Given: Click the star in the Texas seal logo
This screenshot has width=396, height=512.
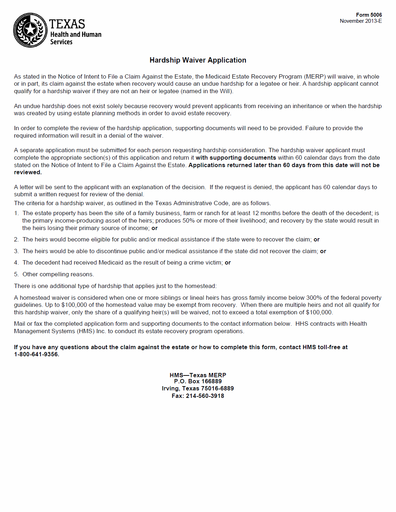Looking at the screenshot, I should pos(30,30).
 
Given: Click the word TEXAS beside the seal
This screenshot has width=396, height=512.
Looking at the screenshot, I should pos(67,24).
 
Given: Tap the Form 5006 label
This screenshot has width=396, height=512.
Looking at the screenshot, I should pos(369,15).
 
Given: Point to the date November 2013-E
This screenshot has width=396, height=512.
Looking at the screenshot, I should pos(360,21).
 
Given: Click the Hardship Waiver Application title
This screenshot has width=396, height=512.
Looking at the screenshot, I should pos(198,60).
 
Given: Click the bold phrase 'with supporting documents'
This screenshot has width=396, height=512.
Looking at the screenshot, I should pos(236,158).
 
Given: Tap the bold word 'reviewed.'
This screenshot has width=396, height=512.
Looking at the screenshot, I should pos(28,172).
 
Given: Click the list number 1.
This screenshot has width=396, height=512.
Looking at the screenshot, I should pos(16,213).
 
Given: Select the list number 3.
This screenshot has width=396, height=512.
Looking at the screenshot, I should pos(16,251).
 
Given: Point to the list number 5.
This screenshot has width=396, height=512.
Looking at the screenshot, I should pos(16,274).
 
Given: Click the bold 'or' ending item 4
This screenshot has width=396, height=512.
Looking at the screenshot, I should pos(228,262).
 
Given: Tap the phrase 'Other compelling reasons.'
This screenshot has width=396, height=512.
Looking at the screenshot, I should pos(58,274).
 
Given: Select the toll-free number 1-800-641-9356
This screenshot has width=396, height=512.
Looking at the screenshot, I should pos(36,354).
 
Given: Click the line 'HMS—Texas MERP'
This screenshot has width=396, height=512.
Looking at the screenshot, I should pos(198,375).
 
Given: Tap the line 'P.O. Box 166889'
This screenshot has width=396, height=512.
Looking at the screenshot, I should pos(198,381).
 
